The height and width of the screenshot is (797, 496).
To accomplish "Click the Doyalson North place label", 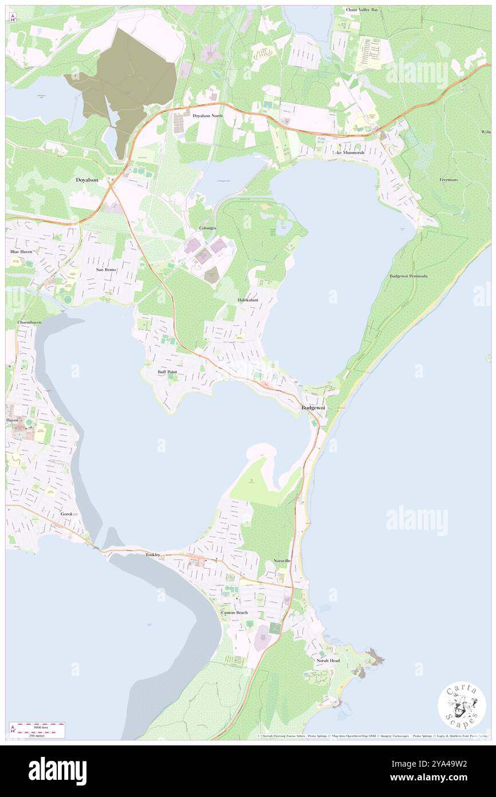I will click(x=207, y=116).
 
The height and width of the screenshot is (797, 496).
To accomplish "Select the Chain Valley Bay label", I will click(x=362, y=10).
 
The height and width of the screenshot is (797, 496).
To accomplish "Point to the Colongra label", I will click(x=207, y=228).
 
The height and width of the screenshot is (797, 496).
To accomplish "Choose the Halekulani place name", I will click(x=248, y=300).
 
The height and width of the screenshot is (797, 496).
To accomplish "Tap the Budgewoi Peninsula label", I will click(x=409, y=276).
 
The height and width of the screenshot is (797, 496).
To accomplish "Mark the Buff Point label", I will click(x=167, y=372).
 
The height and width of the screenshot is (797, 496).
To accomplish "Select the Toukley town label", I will click(x=153, y=554).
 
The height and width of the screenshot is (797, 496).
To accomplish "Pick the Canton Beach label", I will click(x=235, y=612).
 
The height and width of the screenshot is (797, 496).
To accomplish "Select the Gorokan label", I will click(x=70, y=514).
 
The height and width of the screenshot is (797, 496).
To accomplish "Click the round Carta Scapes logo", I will click(x=462, y=705).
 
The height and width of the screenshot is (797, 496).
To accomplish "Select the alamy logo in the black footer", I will click(x=57, y=771).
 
